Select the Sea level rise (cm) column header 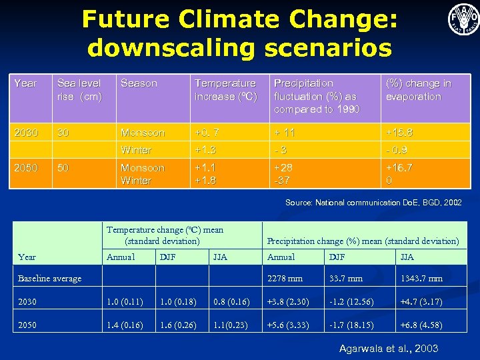point(79,90)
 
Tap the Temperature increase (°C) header point(225,90)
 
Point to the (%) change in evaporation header point(418,90)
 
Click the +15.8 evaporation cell point(400,133)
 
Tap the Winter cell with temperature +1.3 point(136,150)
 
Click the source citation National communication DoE point(373,202)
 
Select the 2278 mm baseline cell point(285,278)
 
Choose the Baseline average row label point(49,278)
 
